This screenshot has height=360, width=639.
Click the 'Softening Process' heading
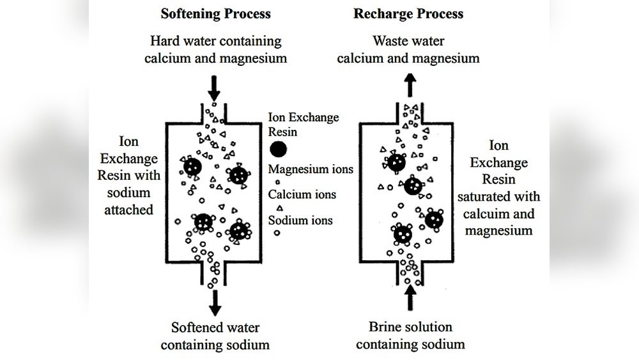tap(215, 13)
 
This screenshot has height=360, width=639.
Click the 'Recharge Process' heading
tap(409, 13)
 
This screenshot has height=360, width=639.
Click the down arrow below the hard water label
tap(215, 85)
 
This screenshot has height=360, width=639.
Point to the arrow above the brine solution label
tap(409, 298)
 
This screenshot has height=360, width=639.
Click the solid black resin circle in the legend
tap(278, 150)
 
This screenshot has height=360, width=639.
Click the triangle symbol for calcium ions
tap(278, 208)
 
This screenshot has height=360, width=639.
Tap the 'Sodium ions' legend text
tap(300, 220)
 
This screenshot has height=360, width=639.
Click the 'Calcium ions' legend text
tap(302, 194)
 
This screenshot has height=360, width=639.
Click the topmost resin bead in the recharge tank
tap(397, 162)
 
